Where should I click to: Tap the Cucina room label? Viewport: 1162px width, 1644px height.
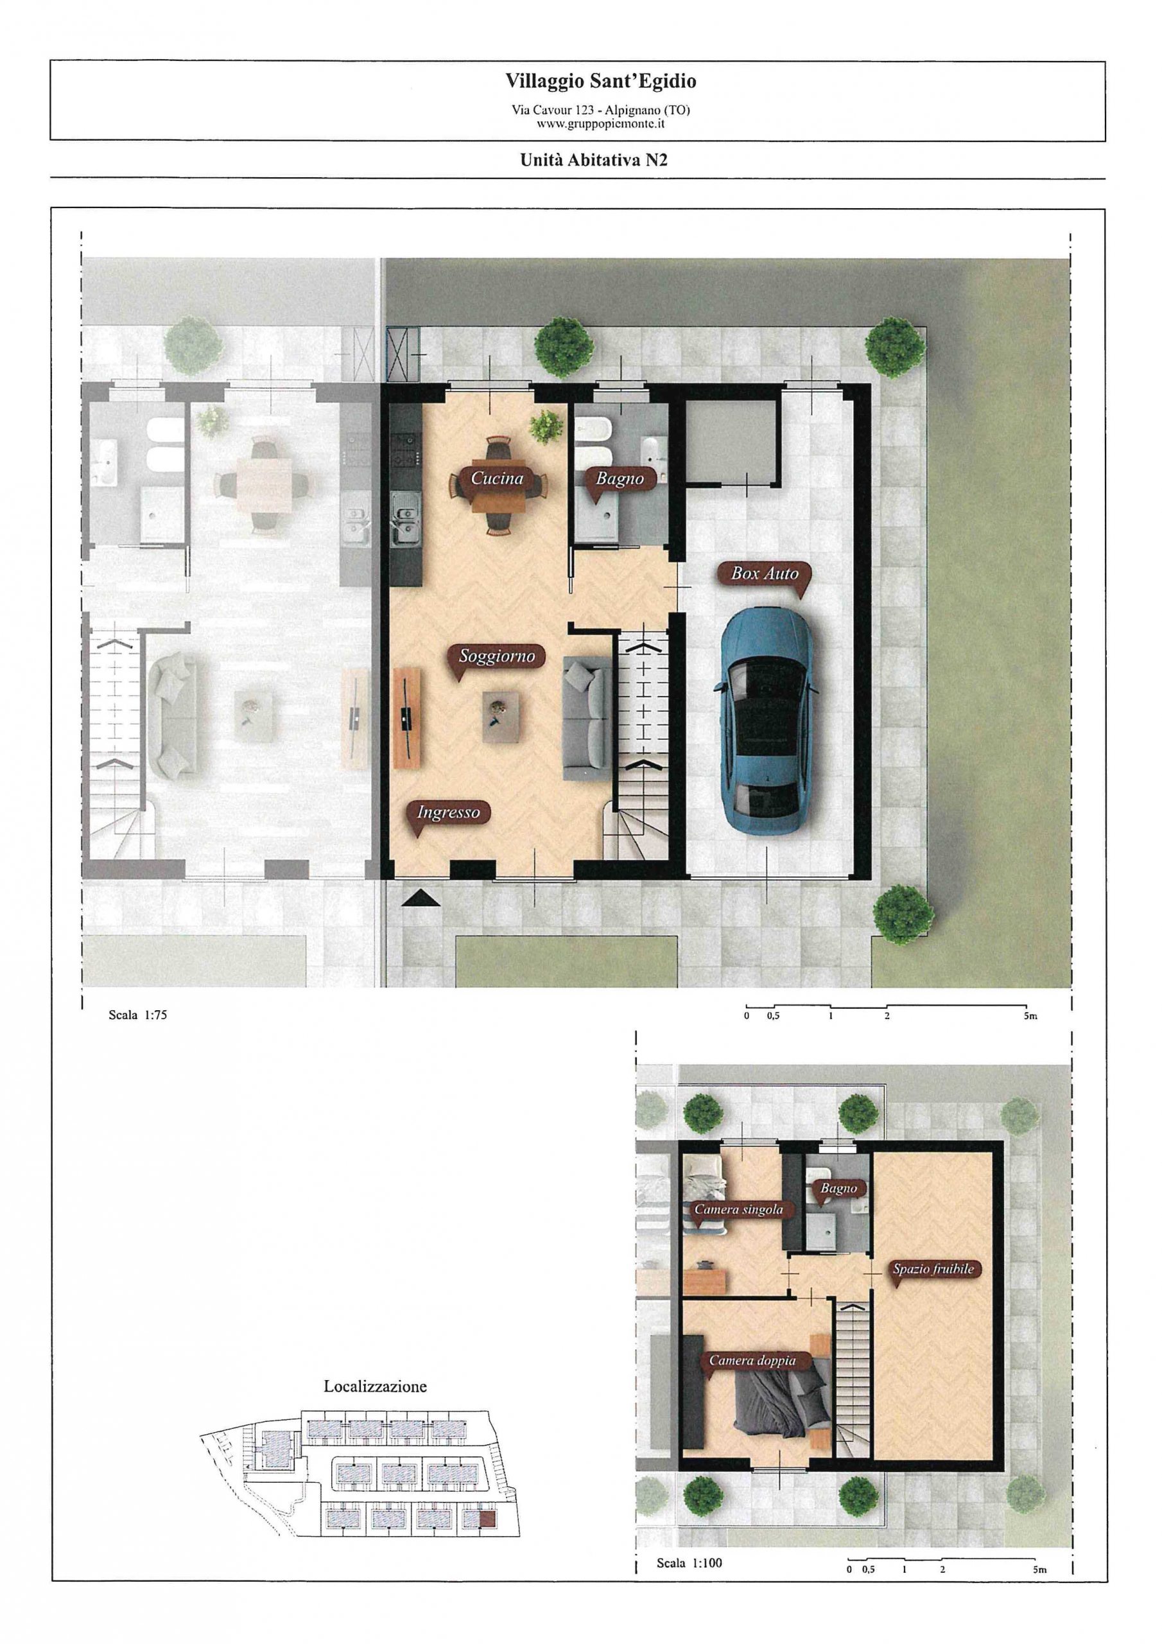click(x=497, y=478)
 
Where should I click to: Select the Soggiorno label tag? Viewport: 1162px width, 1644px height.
click(x=497, y=656)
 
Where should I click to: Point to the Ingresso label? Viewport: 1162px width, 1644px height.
click(x=448, y=813)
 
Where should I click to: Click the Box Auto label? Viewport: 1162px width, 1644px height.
click(x=765, y=573)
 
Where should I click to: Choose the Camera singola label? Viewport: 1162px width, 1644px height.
click(x=738, y=1209)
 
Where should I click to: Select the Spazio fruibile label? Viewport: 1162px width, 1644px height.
click(x=933, y=1269)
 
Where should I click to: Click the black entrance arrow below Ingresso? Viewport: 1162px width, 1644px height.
click(x=421, y=898)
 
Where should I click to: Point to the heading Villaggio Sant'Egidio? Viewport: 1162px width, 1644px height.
click(x=601, y=81)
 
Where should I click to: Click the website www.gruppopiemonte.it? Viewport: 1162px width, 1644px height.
click(x=601, y=123)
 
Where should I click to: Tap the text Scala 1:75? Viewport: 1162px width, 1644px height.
click(x=137, y=1014)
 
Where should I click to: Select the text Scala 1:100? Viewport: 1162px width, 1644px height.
click(x=689, y=1562)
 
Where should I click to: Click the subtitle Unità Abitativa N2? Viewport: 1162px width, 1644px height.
click(x=594, y=161)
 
